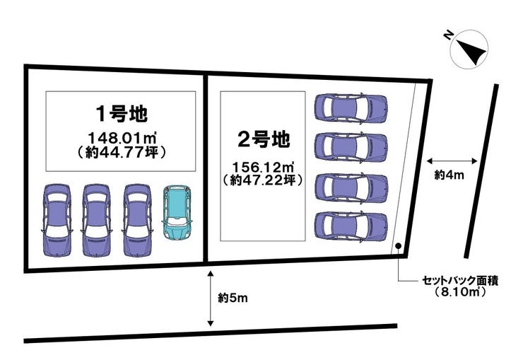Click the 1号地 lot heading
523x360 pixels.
pos(122,114)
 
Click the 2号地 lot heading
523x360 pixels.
pos(263,139)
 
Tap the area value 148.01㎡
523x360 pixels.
pos(122,137)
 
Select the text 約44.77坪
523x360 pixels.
pos(122,152)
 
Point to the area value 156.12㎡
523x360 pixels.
pos(263,167)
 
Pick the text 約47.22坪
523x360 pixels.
pos(263,180)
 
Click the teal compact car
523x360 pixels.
pos(176,211)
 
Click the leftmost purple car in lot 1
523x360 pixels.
pos(57,220)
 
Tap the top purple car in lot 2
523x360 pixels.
pos(351,108)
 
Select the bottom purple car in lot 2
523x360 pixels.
pos(351,226)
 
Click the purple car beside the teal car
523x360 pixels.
pos(137,220)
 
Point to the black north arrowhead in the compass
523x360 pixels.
pos(471,52)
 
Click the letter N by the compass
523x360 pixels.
pos(449,35)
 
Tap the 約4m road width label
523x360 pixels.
pos(449,175)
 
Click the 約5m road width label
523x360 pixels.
pos(233,298)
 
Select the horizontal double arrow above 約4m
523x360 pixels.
pos(452,161)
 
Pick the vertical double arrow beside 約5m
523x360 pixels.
pos(211,298)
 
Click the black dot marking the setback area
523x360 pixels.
pos(398,246)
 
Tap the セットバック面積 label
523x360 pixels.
pos(460,281)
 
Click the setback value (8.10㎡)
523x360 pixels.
pos(460,292)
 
